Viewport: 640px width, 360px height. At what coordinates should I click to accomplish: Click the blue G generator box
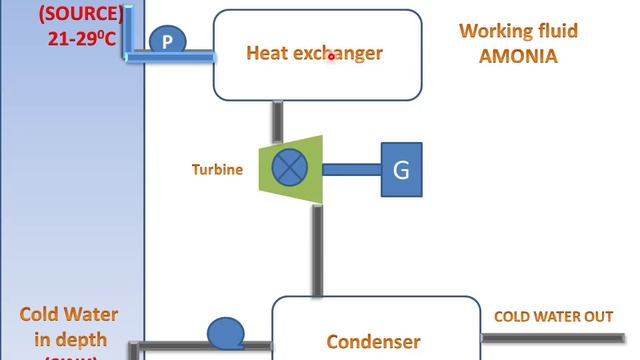click(x=401, y=169)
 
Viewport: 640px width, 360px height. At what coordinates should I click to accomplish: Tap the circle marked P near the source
click(x=168, y=41)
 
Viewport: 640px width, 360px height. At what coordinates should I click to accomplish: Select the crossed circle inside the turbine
click(x=290, y=168)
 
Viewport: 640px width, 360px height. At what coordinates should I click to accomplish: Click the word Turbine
click(x=217, y=170)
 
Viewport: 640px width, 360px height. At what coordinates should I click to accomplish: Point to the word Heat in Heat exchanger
click(x=267, y=53)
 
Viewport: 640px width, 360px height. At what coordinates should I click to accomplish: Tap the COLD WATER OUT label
click(x=553, y=317)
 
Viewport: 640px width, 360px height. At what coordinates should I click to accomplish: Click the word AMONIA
click(x=518, y=56)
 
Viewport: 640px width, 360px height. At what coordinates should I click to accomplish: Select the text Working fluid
click(x=518, y=30)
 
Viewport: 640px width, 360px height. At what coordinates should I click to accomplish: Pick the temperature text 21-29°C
click(x=85, y=38)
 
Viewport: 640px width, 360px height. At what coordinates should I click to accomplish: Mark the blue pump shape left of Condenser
click(x=226, y=332)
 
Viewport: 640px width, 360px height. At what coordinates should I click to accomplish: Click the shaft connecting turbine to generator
click(x=350, y=169)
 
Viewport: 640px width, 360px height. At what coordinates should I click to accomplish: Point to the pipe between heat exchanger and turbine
click(x=277, y=121)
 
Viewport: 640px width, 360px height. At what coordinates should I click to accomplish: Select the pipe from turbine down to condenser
click(x=316, y=250)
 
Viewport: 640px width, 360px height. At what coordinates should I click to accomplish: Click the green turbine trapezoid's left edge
click(x=262, y=168)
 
